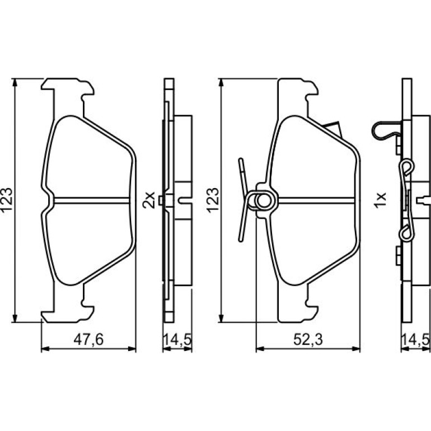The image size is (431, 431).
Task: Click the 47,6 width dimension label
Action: click(88, 339)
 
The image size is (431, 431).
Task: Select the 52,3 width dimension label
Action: click(308, 339)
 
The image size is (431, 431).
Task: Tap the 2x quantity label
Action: click(149, 200)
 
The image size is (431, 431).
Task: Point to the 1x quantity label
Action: click(381, 200)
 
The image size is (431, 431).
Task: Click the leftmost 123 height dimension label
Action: click(7, 200)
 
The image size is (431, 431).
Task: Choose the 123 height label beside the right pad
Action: click(213, 200)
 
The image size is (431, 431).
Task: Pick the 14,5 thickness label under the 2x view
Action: click(177, 339)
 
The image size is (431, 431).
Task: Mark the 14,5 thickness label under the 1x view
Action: click(415, 339)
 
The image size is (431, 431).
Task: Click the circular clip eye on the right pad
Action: click(264, 200)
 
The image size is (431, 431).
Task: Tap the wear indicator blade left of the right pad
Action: click(242, 200)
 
